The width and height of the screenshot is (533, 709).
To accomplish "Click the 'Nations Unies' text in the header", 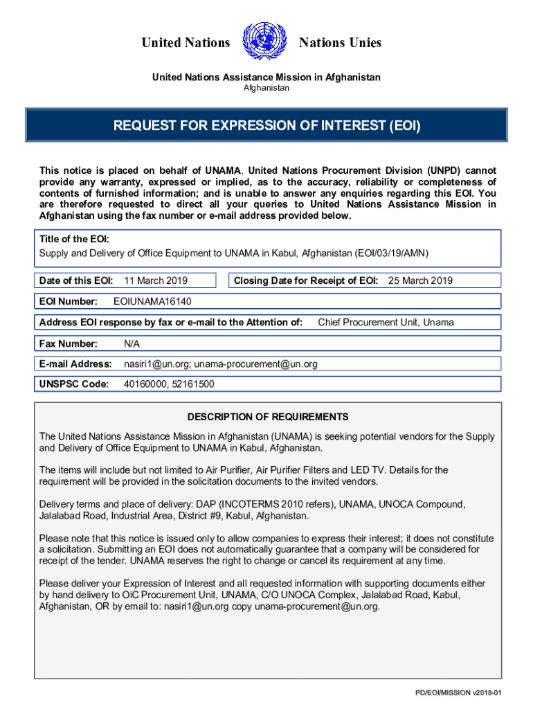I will [340, 43].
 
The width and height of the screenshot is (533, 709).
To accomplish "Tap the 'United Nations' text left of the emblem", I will [186, 43].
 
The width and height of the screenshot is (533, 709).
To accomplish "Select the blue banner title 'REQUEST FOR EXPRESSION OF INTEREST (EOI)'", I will [266, 127].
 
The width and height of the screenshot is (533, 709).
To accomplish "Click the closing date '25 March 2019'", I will [420, 280].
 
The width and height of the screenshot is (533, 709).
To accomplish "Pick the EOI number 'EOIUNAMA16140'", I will [152, 302].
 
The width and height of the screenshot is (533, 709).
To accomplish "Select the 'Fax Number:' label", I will [69, 343].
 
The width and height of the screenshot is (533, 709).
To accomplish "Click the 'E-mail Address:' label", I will [75, 364].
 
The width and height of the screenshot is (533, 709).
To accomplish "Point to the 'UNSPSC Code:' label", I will [74, 384].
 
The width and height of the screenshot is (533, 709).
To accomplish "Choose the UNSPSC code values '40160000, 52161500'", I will [169, 384].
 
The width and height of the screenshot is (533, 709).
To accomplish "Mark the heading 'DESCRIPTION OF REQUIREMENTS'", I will [268, 417].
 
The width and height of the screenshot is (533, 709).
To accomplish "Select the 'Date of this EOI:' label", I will [76, 280].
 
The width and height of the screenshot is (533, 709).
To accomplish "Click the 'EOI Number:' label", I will [66, 302].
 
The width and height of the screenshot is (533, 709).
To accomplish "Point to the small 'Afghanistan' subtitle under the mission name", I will [266, 88].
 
